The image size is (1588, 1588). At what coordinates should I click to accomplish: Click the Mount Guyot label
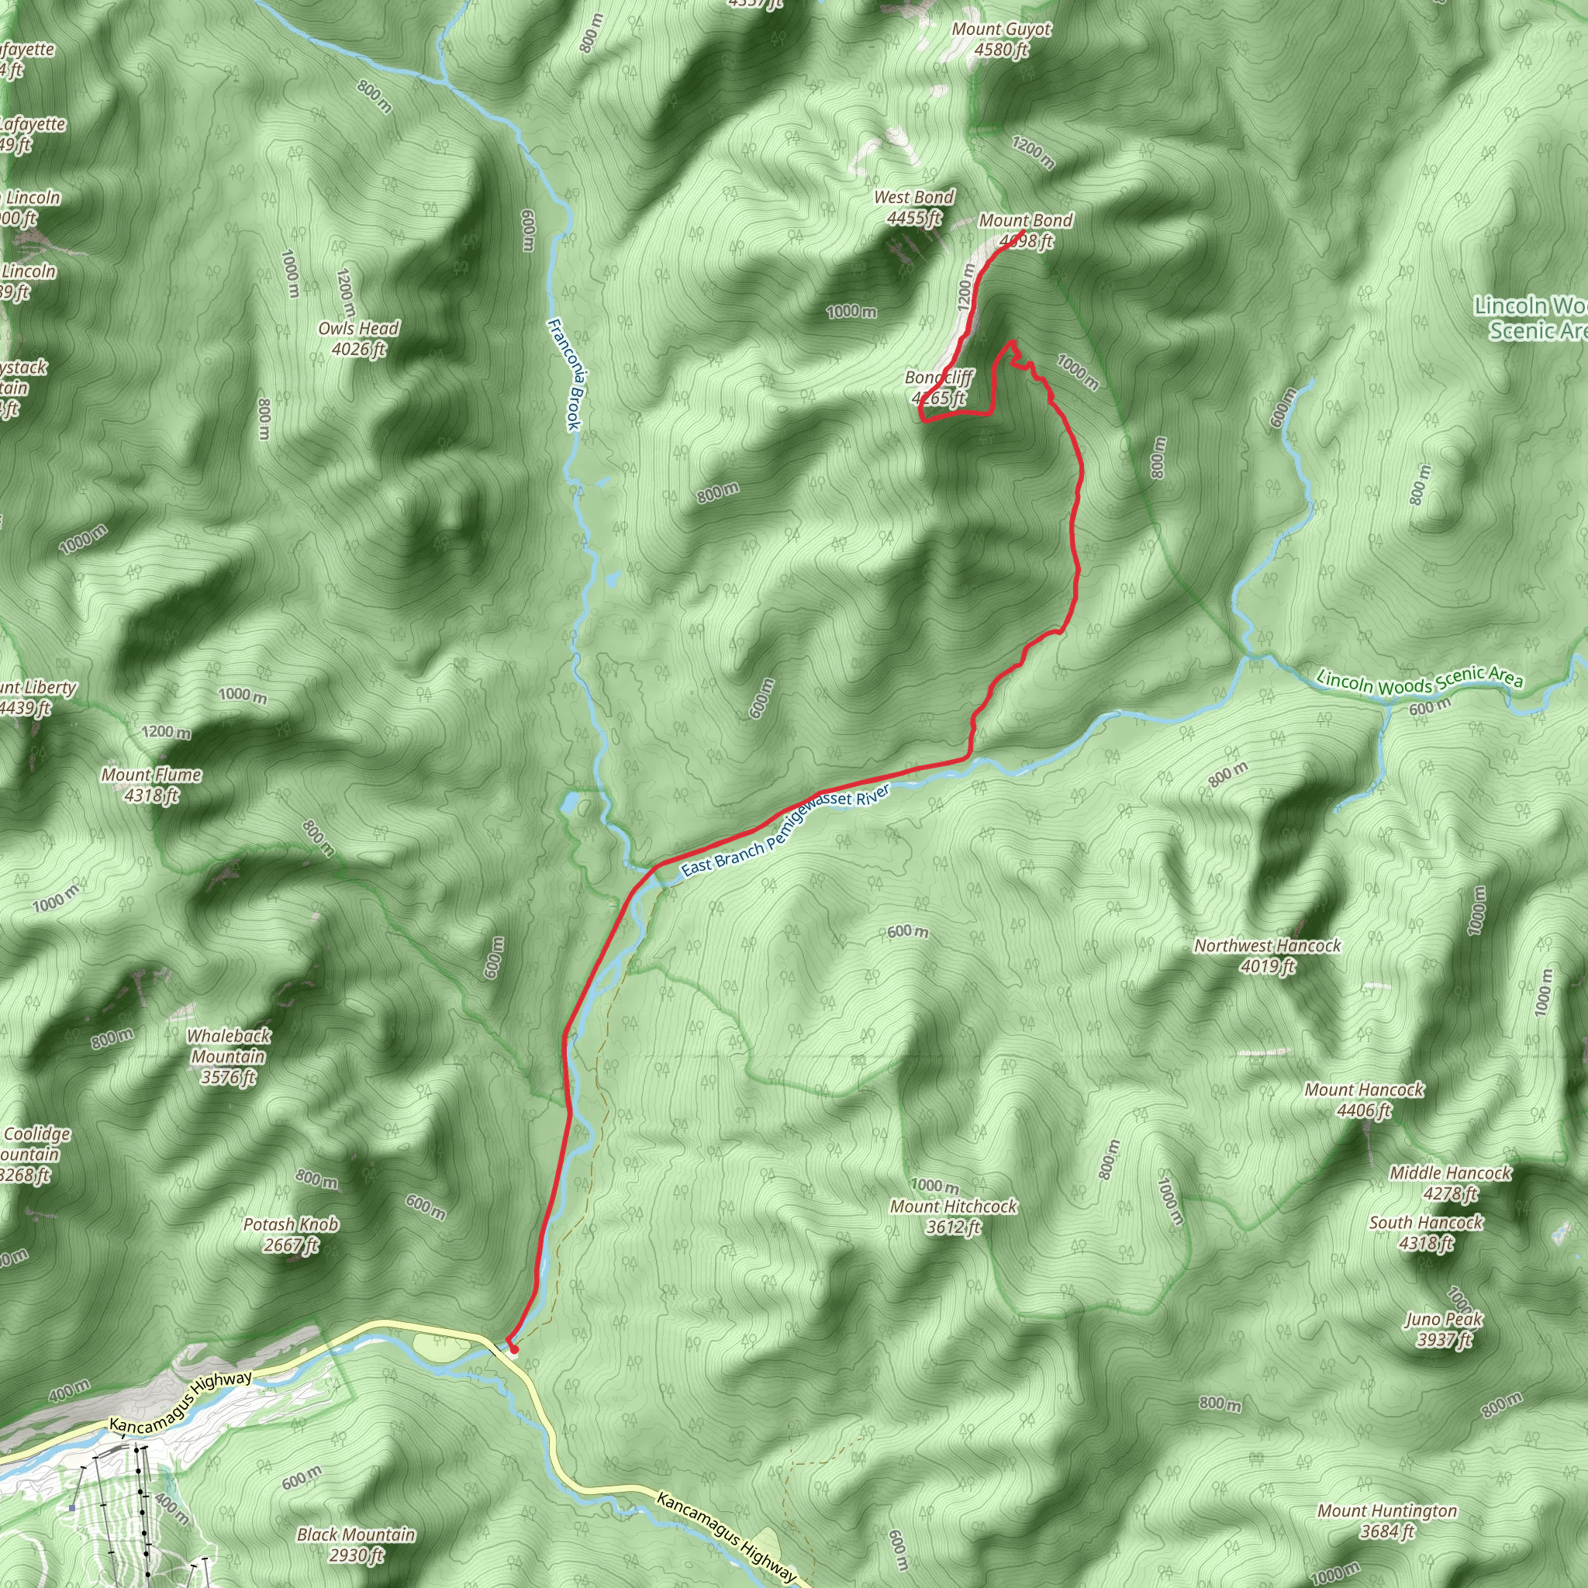coord(1001,29)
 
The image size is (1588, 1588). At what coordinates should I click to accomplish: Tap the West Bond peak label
coord(914,197)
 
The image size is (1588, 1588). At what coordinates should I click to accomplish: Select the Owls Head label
coord(358,329)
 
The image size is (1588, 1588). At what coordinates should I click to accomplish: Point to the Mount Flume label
coord(151,775)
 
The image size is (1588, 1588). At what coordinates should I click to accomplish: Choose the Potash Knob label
coord(291,1224)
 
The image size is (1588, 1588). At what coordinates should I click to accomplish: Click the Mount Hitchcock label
coord(954,1207)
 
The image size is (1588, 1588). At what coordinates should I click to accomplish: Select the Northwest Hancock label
coord(1268,946)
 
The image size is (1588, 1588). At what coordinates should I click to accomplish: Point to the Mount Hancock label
coord(1365,1090)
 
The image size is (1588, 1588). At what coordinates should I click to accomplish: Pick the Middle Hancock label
coord(1451,1173)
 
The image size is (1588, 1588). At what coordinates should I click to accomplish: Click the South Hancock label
coord(1426,1223)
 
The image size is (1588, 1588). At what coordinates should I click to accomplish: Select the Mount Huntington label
coord(1387,1511)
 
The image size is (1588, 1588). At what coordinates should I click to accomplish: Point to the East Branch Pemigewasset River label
coord(785,830)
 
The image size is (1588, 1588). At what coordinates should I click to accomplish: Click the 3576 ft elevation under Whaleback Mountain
coord(229,1077)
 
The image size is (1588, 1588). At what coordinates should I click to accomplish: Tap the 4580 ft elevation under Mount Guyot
coord(1001,50)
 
